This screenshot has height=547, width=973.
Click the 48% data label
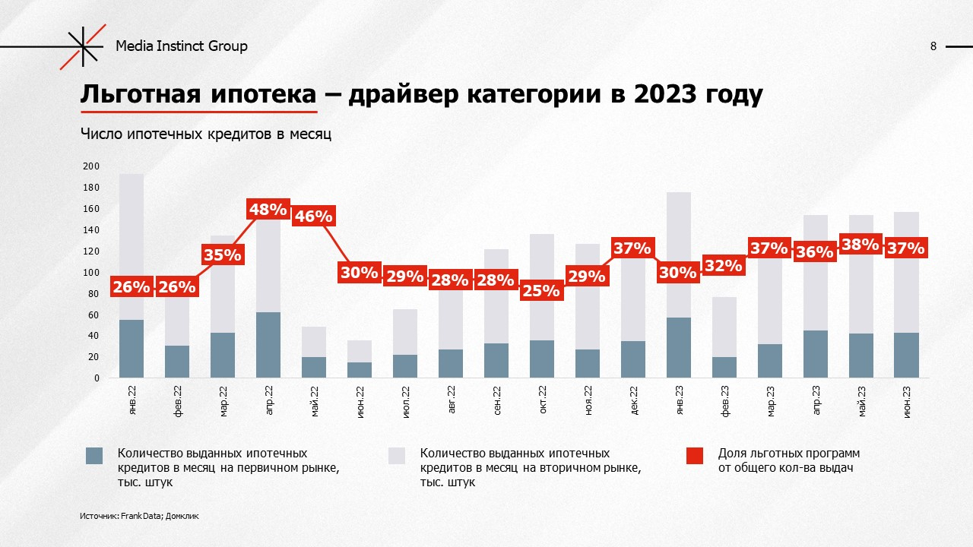pos(268,210)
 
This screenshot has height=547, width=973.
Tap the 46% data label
pos(314,217)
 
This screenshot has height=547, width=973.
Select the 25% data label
pos(541,290)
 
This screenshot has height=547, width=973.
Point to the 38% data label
pos(860,245)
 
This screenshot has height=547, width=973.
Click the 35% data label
pos(222,255)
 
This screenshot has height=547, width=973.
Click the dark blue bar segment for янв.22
pos(132,349)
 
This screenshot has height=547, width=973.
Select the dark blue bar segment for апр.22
pos(268,345)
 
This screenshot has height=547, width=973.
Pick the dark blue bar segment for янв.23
pos(679,347)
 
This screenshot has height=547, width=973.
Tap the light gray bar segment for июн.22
pos(360,351)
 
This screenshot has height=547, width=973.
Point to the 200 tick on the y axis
pos(91,166)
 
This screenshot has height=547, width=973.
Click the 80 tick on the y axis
pos(93,293)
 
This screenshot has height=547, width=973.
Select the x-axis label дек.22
pos(633,400)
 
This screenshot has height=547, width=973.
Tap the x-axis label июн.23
pos(907,400)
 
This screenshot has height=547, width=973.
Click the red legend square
pos(694,455)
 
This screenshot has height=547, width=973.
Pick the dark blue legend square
pos(94,455)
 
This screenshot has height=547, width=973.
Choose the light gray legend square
pos(397,455)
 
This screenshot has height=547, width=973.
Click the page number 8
pos(933,46)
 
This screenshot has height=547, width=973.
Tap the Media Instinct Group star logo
pos(84,46)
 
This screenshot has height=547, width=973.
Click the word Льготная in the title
pos(133,96)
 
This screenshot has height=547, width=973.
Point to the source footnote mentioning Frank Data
pos(139,516)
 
